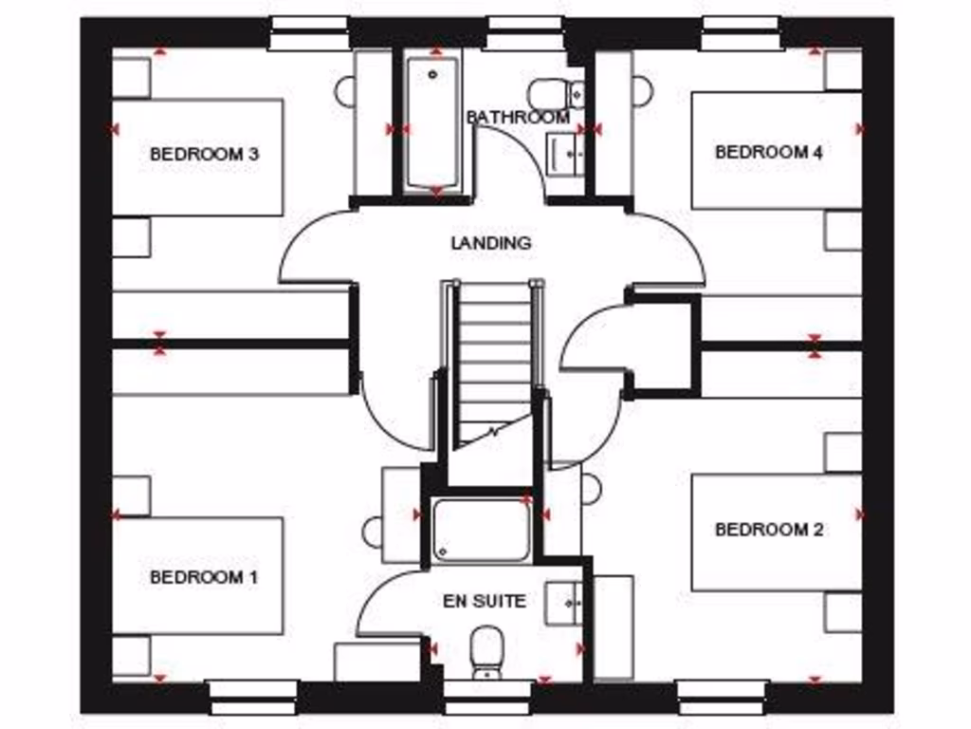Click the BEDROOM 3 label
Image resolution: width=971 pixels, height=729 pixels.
(x=204, y=154)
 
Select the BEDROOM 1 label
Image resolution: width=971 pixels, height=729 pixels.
(x=204, y=577)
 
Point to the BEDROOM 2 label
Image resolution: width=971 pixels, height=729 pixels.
(x=768, y=530)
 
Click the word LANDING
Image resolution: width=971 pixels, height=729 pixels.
(x=490, y=243)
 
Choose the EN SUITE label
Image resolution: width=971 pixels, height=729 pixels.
(x=484, y=601)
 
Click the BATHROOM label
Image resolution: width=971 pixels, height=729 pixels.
(x=519, y=118)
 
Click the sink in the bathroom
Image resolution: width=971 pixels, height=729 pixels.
(x=565, y=153)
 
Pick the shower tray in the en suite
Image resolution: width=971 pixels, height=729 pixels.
(x=481, y=530)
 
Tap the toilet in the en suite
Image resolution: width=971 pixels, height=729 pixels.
(x=487, y=651)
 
